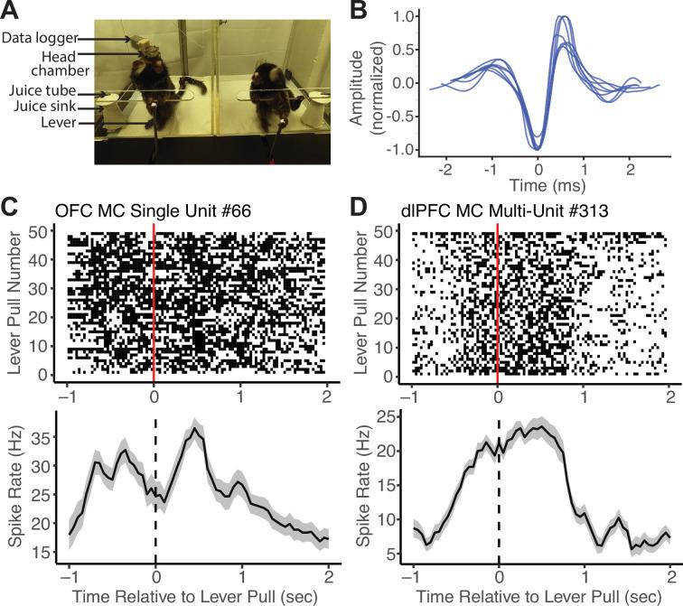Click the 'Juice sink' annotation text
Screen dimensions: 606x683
pyautogui.click(x=37, y=107)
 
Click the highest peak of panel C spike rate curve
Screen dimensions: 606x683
pyautogui.click(x=194, y=430)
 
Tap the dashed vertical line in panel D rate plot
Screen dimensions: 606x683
pyautogui.click(x=498, y=506)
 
